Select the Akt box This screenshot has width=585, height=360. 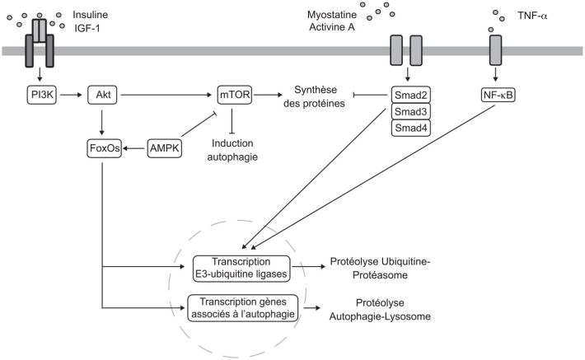(x=101, y=96)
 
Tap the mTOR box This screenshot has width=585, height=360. (x=235, y=96)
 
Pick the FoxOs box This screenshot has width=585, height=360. (x=102, y=149)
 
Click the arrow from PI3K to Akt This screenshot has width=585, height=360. (x=72, y=96)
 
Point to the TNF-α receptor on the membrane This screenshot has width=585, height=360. (x=495, y=51)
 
